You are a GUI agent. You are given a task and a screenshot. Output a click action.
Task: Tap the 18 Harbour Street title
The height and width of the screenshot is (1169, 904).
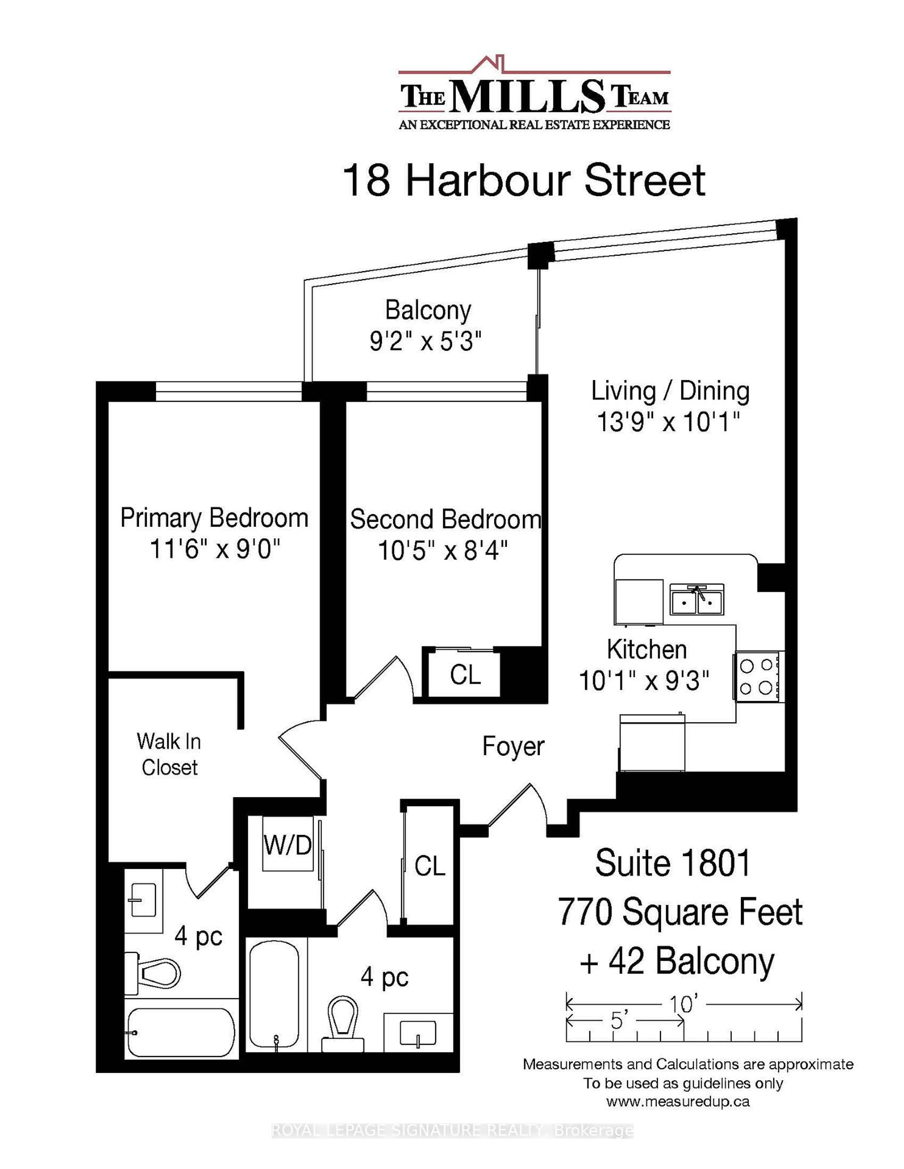click(523, 181)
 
